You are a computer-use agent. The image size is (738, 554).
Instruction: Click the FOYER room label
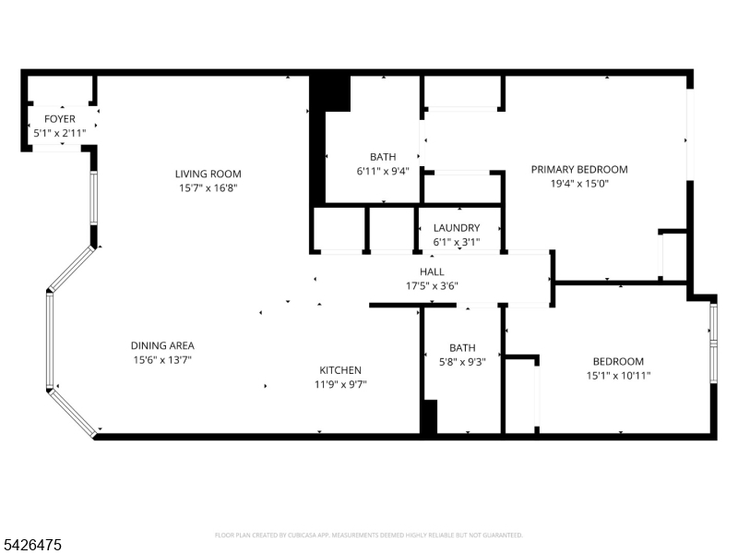[60, 119]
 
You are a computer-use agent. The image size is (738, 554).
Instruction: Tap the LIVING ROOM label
[208, 174]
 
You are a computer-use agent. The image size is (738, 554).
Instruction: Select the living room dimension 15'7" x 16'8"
[208, 187]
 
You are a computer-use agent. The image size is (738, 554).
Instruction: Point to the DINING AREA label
[161, 345]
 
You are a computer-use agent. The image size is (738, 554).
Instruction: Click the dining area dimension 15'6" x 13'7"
[161, 360]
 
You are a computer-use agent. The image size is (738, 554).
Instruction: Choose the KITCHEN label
[340, 370]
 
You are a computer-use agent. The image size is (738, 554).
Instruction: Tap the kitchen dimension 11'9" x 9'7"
[340, 385]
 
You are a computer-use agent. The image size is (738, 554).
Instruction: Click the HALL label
[432, 271]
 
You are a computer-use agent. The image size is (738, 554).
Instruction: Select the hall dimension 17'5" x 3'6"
[432, 285]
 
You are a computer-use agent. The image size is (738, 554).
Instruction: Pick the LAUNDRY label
[457, 228]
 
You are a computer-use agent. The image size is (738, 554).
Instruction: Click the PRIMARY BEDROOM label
[579, 169]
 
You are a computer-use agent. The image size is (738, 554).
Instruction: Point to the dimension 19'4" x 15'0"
[579, 184]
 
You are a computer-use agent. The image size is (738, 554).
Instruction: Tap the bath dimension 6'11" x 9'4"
[383, 171]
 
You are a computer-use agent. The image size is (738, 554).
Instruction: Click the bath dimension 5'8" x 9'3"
[462, 362]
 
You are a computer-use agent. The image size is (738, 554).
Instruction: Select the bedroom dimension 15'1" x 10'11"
[618, 376]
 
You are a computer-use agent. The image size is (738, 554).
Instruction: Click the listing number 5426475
[32, 546]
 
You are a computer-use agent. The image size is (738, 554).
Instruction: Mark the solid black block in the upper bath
[329, 93]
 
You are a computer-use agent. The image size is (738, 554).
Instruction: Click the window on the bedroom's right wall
[713, 343]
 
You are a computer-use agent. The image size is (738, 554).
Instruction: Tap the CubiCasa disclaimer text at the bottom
[369, 535]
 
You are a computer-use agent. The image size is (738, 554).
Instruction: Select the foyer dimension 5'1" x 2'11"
[60, 133]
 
